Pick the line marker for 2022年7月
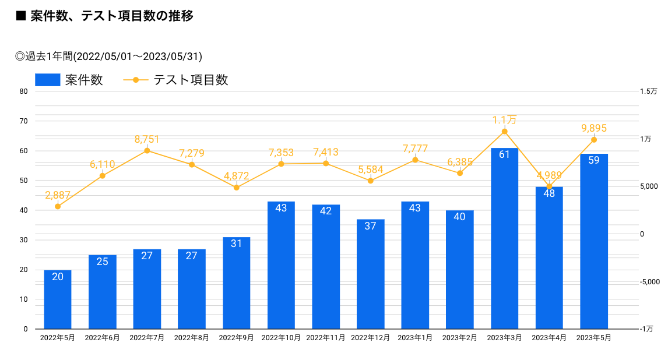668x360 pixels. pyautogui.click(x=147, y=151)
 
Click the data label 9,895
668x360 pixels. pyautogui.click(x=594, y=128)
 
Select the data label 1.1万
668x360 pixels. pyautogui.click(x=504, y=120)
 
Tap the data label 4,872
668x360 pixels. pyautogui.click(x=236, y=176)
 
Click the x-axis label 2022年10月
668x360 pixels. pyautogui.click(x=281, y=338)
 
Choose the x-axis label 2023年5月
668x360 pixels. pyautogui.click(x=593, y=338)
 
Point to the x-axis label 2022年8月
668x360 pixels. pyautogui.click(x=192, y=338)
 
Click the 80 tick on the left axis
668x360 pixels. pyautogui.click(x=23, y=91)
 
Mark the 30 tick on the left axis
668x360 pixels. pyautogui.click(x=23, y=240)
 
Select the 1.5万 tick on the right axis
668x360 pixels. pyautogui.click(x=648, y=91)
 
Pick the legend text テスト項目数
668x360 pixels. pyautogui.click(x=191, y=80)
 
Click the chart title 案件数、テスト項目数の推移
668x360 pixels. pyautogui.click(x=111, y=16)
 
